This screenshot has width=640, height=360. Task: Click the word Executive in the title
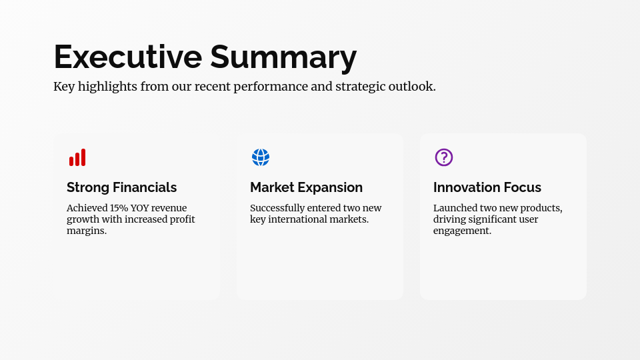click(x=127, y=57)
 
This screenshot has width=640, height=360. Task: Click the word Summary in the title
click(x=283, y=58)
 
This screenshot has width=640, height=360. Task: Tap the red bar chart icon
click(x=77, y=158)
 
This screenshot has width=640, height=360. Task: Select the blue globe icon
click(x=261, y=157)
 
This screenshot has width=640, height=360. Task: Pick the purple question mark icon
click(x=444, y=157)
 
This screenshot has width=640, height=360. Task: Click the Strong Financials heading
click(x=121, y=187)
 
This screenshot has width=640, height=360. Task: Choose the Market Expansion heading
click(x=306, y=187)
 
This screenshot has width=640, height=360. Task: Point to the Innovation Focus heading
click(x=487, y=187)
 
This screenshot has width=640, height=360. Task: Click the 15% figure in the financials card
click(x=119, y=208)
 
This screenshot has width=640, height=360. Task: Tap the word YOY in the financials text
click(x=141, y=208)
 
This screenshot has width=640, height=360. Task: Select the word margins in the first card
click(x=86, y=231)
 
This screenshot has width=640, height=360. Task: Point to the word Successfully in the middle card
click(x=277, y=208)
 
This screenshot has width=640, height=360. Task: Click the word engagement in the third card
click(x=462, y=231)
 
